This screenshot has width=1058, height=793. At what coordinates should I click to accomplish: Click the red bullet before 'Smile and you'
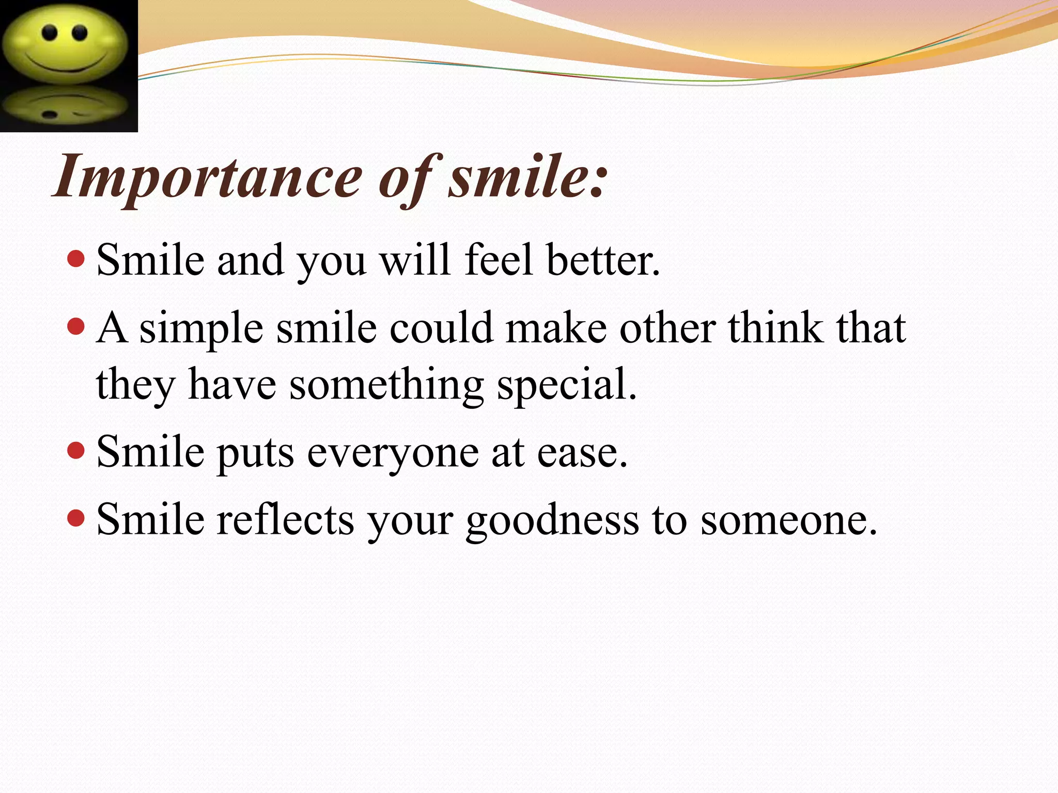click(x=76, y=258)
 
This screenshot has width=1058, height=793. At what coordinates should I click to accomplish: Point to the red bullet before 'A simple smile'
click(x=76, y=326)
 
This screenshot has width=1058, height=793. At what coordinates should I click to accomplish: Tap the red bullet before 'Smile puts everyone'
click(x=76, y=450)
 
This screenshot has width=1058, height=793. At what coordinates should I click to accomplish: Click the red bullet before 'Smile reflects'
click(x=76, y=518)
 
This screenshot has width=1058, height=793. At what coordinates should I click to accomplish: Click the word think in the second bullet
click(x=775, y=327)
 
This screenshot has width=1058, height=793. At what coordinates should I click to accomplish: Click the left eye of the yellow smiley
click(x=50, y=32)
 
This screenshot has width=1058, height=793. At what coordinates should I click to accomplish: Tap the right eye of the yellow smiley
click(x=80, y=33)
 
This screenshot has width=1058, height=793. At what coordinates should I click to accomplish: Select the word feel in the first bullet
click(x=499, y=260)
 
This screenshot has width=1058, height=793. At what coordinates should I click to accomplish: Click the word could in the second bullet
click(x=442, y=327)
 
